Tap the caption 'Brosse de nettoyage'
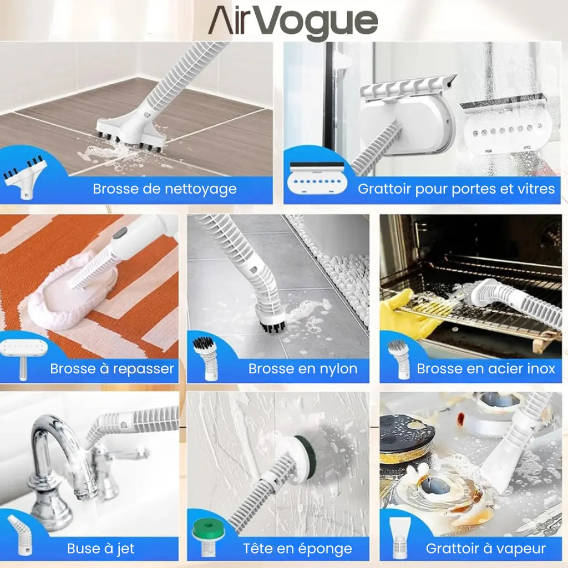tap(165, 189)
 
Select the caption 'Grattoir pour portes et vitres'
tap(456, 189)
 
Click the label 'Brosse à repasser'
tap(112, 368)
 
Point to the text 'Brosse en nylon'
tap(303, 368)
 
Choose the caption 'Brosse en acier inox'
tap(486, 368)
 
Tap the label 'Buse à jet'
tap(100, 549)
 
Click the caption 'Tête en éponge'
tap(297, 549)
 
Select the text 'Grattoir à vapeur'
tap(486, 549)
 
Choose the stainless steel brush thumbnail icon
tap(398, 358)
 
